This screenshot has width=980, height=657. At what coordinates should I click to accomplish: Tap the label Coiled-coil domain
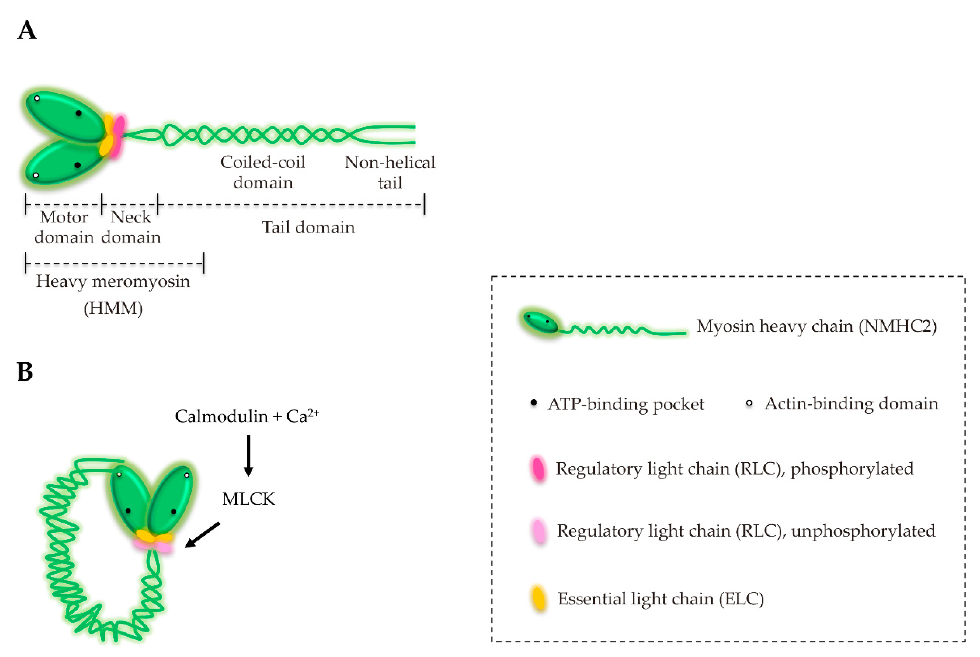263,172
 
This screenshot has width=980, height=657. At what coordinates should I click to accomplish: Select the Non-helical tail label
390,172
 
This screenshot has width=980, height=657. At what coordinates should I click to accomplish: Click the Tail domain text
308,227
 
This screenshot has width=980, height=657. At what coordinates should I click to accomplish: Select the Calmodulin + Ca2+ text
247,416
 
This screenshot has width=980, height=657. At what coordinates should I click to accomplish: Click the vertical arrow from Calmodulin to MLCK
248,456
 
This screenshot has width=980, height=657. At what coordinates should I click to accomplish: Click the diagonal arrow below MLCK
202,535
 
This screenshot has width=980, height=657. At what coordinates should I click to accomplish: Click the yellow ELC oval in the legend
539,598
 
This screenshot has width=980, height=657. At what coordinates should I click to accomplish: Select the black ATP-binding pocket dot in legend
533,403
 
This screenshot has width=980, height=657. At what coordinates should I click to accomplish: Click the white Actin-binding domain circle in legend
749,403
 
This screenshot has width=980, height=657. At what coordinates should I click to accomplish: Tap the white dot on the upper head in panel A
37,98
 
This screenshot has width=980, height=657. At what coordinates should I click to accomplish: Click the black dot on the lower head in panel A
77,165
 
